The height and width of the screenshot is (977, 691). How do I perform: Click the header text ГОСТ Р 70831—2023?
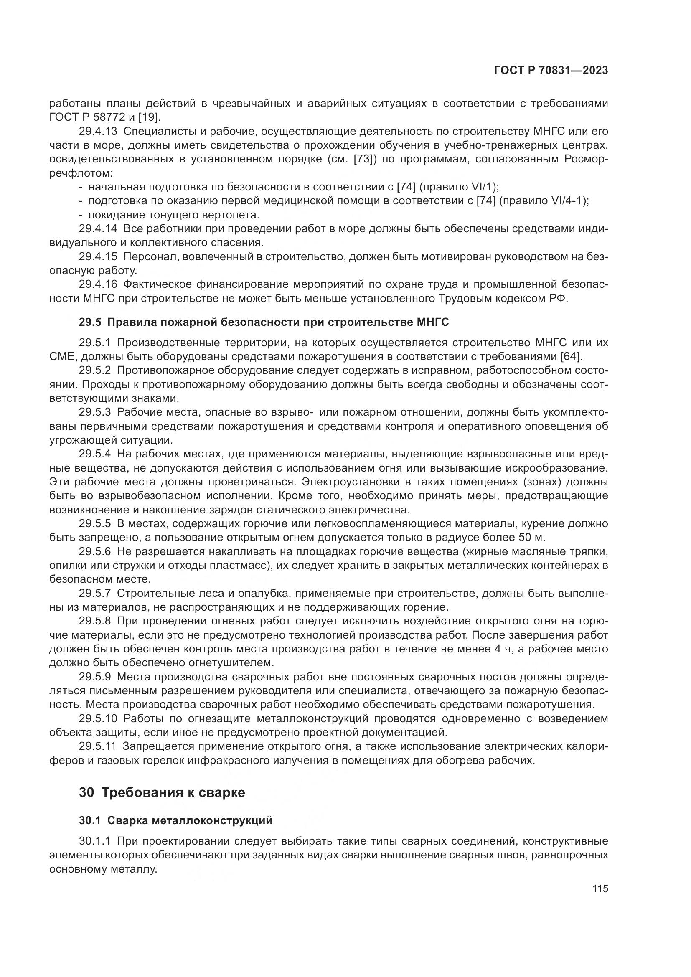(551, 70)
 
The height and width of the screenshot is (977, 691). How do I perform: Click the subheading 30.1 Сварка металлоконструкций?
(175, 820)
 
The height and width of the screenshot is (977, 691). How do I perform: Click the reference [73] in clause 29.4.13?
(364, 160)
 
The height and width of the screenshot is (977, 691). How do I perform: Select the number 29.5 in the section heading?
(90, 322)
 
